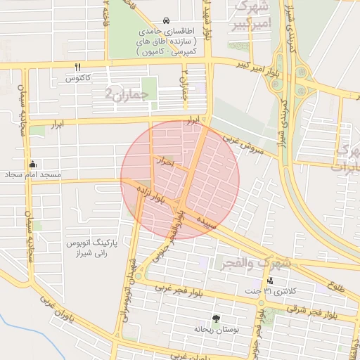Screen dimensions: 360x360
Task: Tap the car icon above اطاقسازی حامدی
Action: pos(165,20)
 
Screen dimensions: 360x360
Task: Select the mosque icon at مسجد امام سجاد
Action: pos(32,165)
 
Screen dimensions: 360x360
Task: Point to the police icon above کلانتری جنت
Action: pos(270,281)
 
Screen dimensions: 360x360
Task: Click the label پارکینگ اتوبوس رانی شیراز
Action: pos(90,247)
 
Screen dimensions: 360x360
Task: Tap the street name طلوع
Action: pos(337,286)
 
